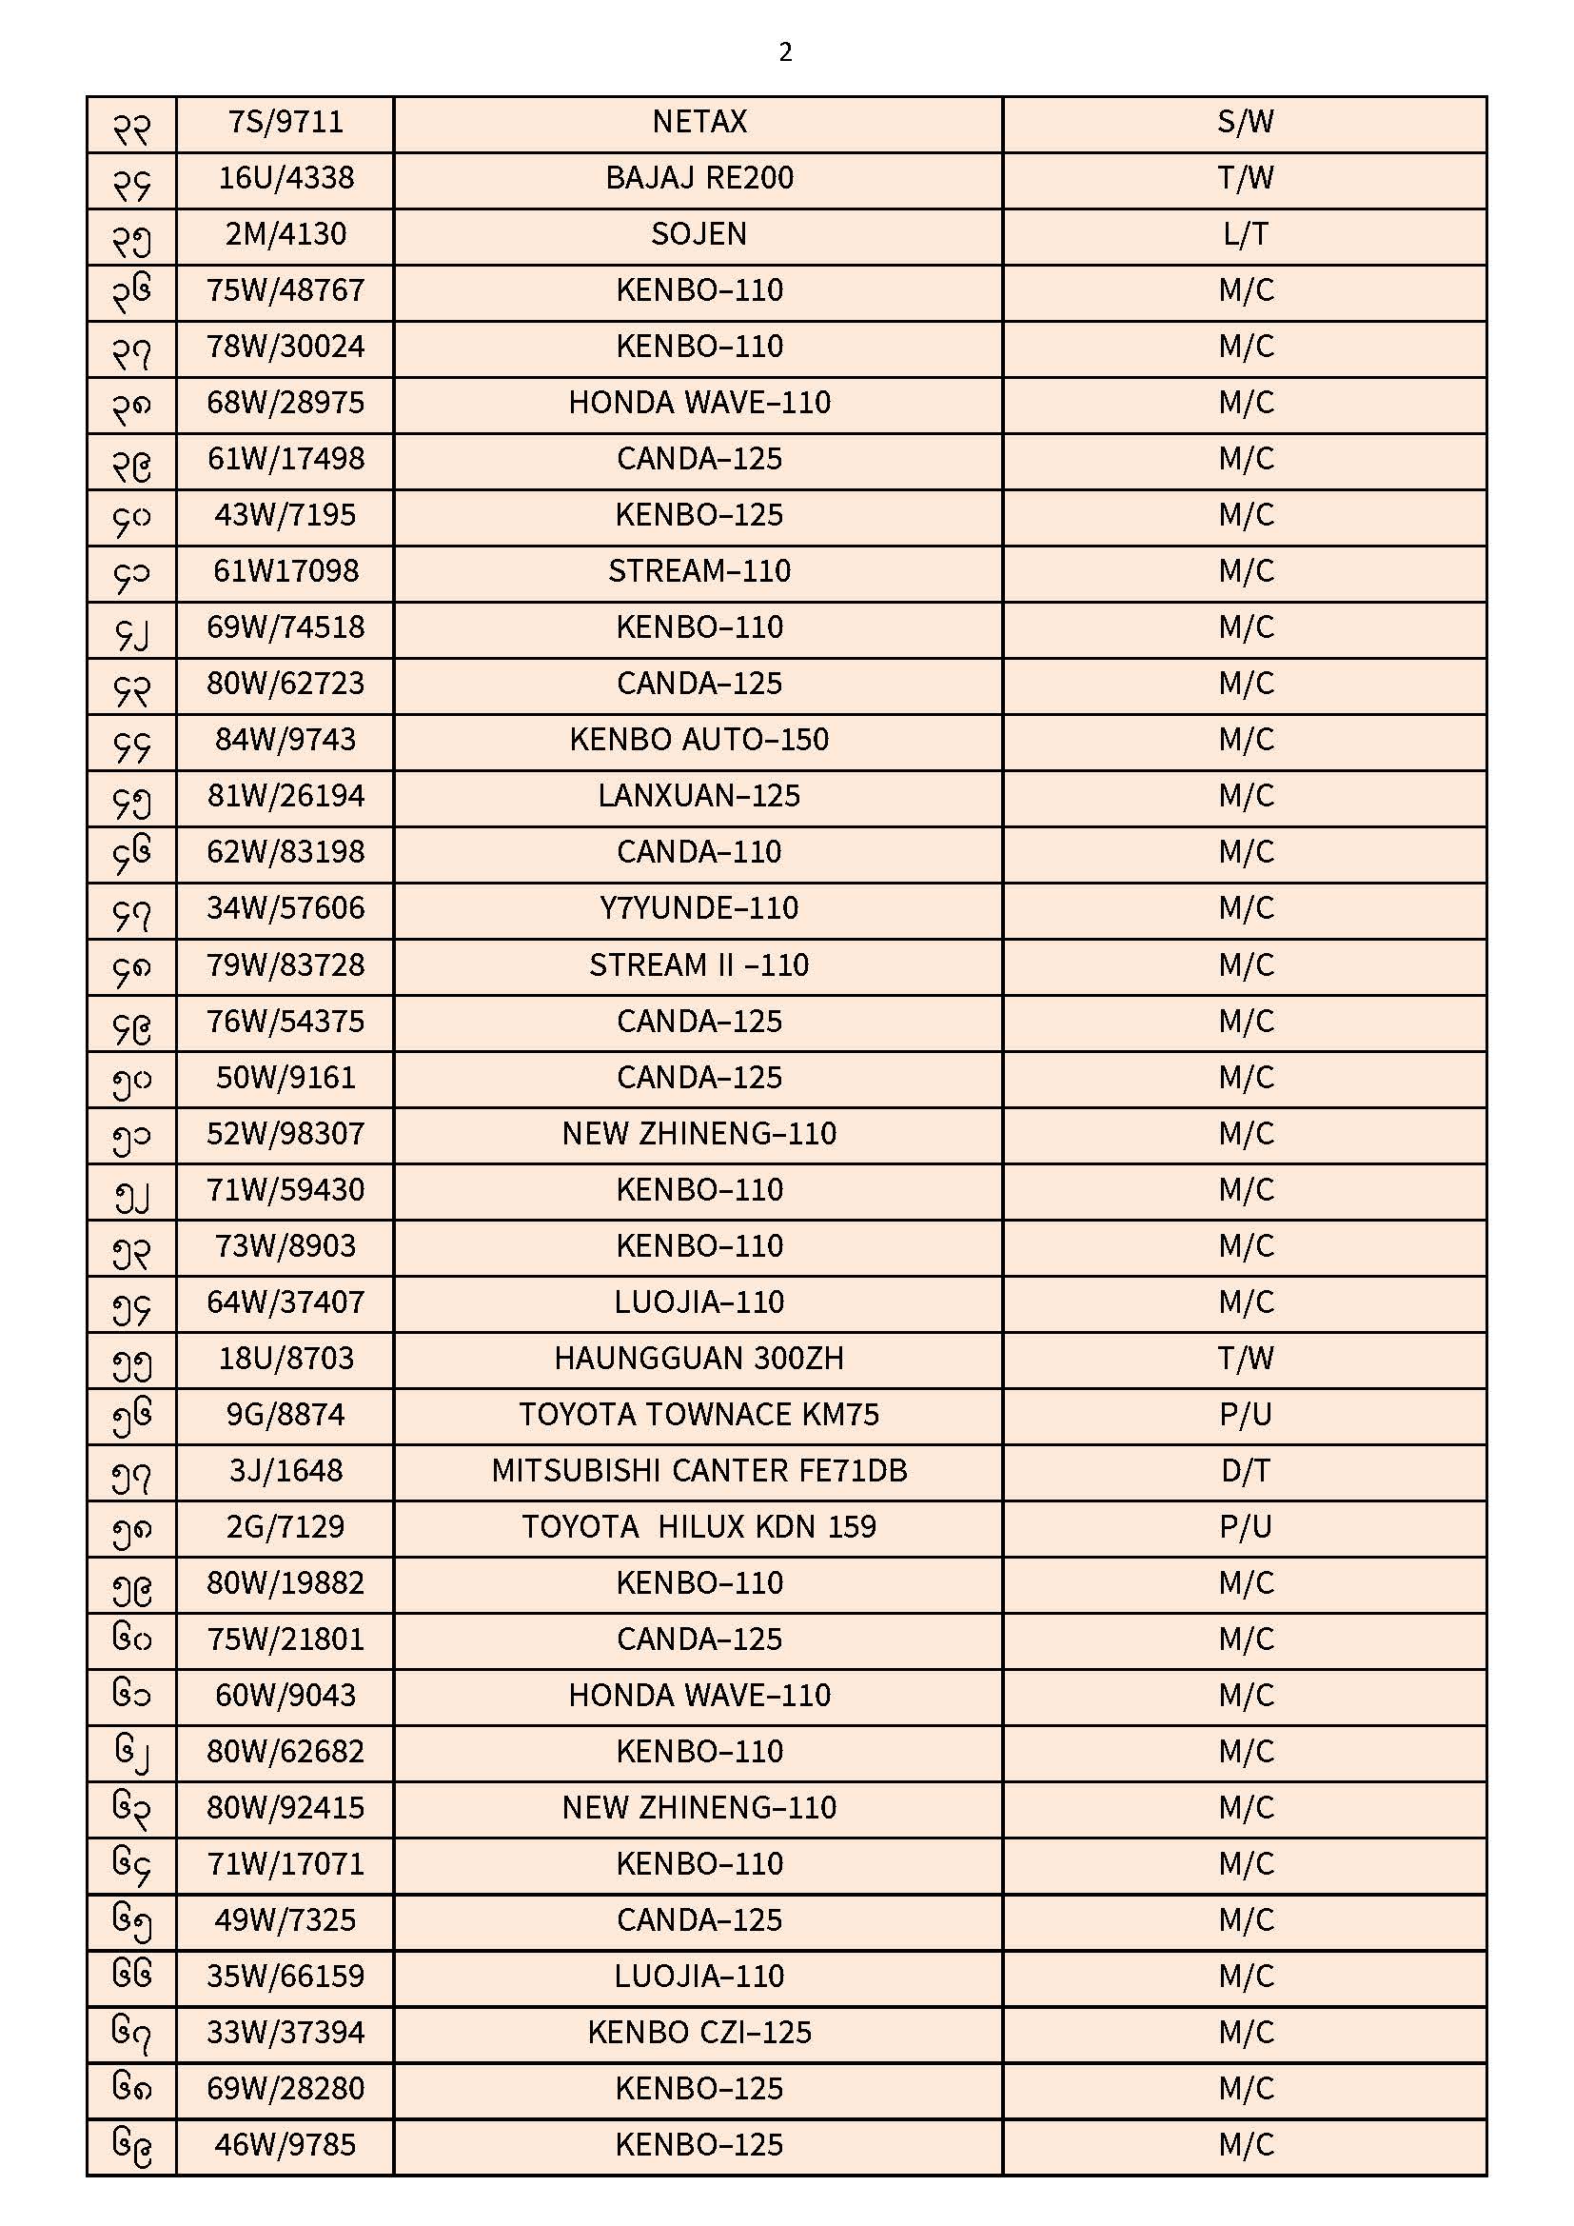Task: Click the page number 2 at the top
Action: (785, 51)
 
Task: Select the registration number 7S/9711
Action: (285, 122)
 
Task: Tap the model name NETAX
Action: (698, 122)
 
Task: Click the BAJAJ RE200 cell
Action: (698, 178)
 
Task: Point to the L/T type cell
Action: (1245, 234)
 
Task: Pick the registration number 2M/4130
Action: (285, 234)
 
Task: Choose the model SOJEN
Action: (698, 234)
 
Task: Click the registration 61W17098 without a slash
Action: (285, 571)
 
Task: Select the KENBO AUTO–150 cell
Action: (698, 740)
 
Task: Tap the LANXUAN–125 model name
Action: (698, 796)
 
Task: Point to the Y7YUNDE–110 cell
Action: (698, 908)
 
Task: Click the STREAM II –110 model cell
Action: (698, 965)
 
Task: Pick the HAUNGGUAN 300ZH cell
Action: (698, 1359)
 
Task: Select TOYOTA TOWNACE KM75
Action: (698, 1415)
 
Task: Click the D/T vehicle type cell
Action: (1245, 1471)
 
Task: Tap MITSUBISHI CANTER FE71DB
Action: (698, 1471)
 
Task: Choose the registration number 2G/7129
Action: (285, 1527)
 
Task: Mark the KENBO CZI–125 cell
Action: (698, 2032)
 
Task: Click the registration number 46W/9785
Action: (285, 2144)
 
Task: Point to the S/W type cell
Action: (1245, 122)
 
